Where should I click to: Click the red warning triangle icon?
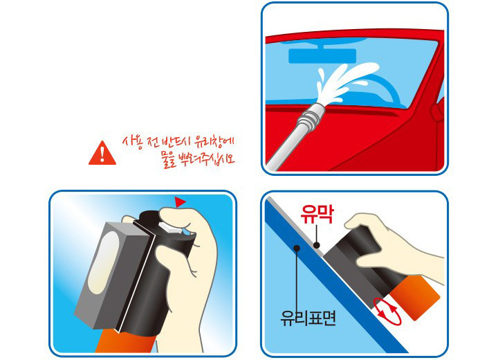[102, 154]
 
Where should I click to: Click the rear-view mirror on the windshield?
[322, 55]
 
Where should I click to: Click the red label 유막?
[317, 215]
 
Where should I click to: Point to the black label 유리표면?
[308, 318]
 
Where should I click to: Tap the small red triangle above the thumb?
[180, 201]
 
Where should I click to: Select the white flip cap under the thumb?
[171, 227]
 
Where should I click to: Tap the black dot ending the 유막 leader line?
[317, 245]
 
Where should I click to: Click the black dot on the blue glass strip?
[297, 248]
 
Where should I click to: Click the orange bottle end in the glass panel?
[415, 298]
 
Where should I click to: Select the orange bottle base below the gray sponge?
[125, 341]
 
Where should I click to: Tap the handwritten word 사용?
[133, 143]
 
